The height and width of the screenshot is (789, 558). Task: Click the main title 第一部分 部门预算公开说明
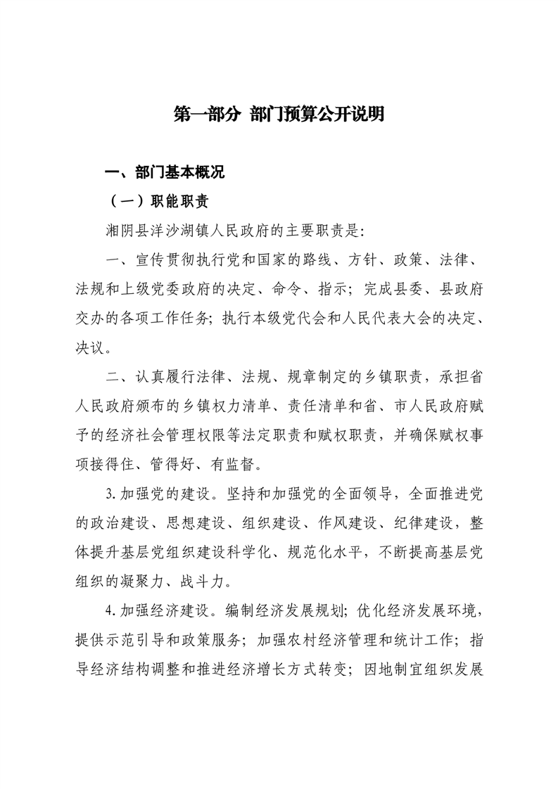(279, 115)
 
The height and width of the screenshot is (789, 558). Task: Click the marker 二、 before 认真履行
(118, 376)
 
